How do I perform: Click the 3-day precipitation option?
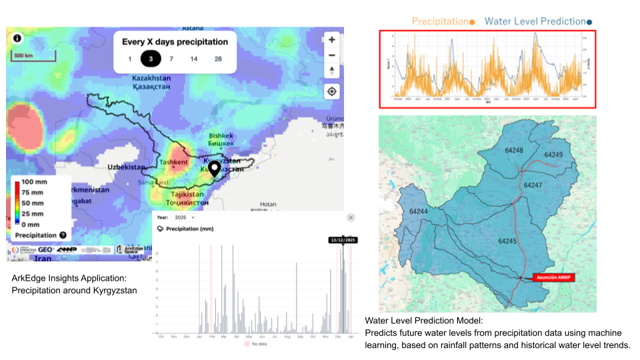click(151, 59)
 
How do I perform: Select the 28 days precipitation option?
click(218, 59)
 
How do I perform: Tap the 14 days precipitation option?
click(193, 59)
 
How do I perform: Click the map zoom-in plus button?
click(332, 39)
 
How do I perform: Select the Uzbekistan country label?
click(126, 166)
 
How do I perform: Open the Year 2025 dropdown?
click(184, 217)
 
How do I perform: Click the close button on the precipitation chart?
click(351, 217)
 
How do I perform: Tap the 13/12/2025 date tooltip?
click(343, 240)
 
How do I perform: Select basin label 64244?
click(419, 211)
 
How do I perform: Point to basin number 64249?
click(553, 155)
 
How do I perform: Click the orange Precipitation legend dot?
click(472, 22)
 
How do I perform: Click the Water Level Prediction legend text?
click(535, 21)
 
